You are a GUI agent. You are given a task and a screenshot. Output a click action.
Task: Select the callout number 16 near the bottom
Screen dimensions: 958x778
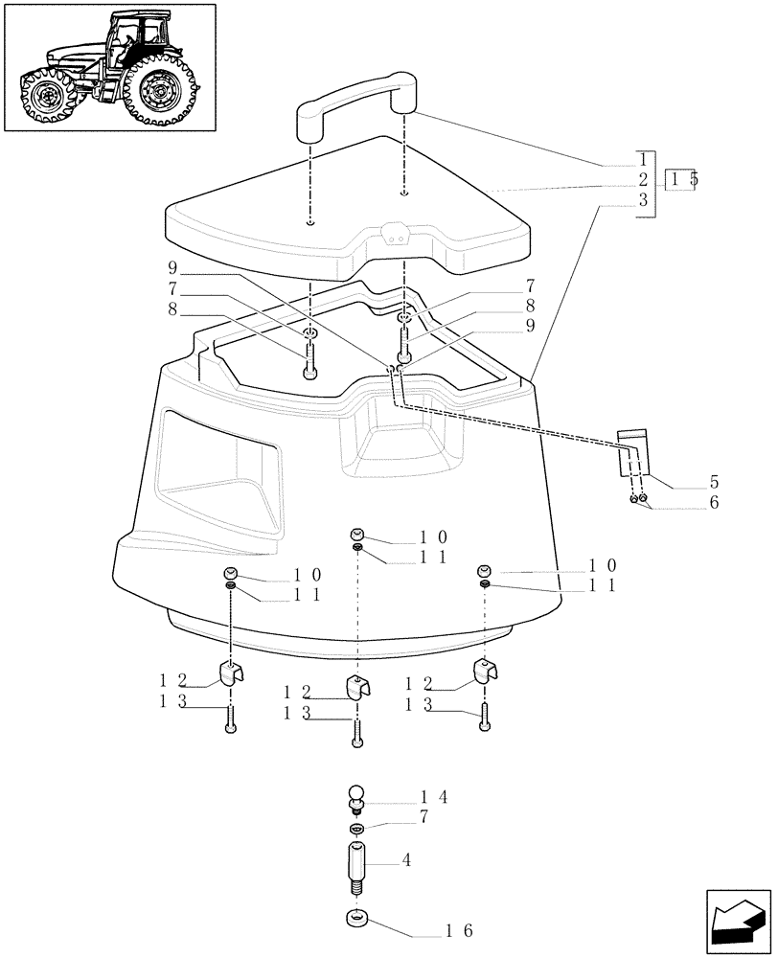(x=460, y=930)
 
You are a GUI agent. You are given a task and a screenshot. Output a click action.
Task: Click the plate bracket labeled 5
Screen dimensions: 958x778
(x=632, y=454)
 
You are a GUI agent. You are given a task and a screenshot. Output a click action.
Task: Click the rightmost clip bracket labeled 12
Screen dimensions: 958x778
(x=485, y=673)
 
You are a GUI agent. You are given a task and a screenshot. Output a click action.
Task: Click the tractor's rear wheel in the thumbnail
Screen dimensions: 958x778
(x=158, y=92)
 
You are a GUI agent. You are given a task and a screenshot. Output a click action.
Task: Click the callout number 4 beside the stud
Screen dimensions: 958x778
(x=407, y=860)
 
